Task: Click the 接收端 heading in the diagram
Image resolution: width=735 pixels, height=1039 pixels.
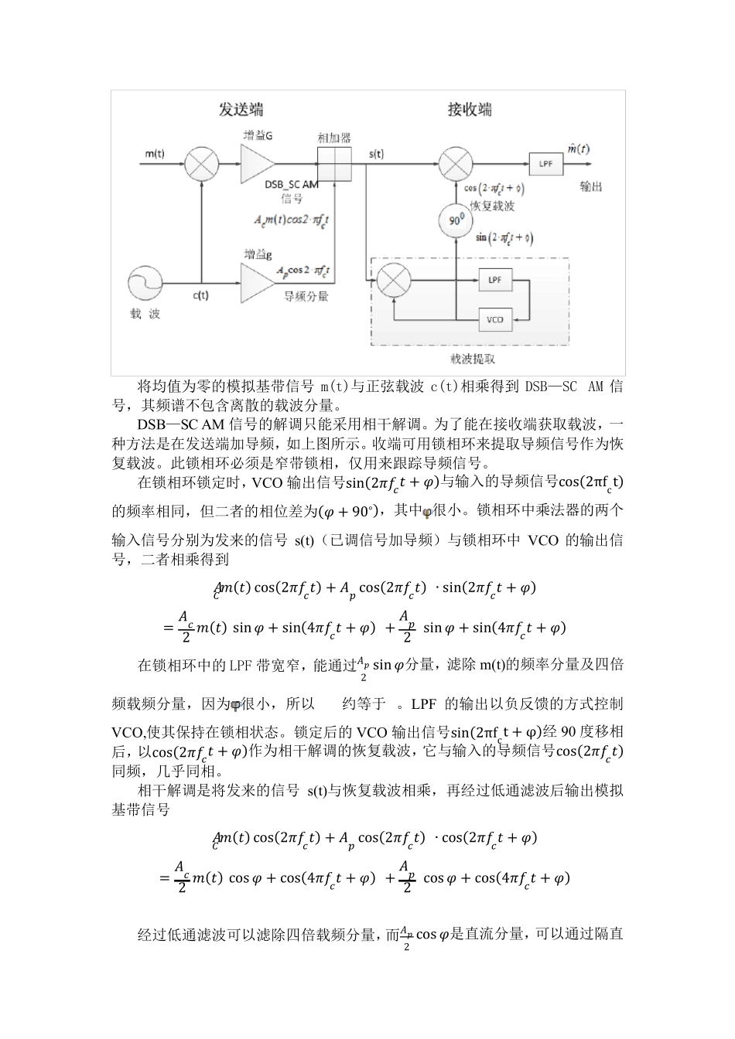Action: click(x=469, y=110)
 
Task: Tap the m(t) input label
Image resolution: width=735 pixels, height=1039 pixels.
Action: click(x=155, y=153)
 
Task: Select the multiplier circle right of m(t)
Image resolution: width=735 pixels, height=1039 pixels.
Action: click(x=201, y=164)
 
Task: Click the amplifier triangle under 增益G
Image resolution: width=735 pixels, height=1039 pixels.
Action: click(x=257, y=164)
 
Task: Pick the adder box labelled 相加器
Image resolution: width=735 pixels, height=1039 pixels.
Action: click(x=335, y=164)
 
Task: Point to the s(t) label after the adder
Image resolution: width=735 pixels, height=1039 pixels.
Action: click(x=376, y=153)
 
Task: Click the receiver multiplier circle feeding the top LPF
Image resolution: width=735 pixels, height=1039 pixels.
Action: click(x=456, y=164)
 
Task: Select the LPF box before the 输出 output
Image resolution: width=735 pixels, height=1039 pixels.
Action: click(x=545, y=164)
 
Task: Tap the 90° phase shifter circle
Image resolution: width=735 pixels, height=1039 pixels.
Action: click(x=456, y=222)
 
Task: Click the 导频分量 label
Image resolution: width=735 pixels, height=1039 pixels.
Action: click(x=307, y=295)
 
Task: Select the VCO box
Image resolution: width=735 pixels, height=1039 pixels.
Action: click(x=495, y=319)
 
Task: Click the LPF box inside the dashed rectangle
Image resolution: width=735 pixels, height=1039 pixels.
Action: click(x=495, y=279)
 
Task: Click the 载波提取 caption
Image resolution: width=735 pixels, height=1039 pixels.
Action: click(x=473, y=359)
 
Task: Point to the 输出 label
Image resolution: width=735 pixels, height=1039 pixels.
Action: click(x=591, y=187)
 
